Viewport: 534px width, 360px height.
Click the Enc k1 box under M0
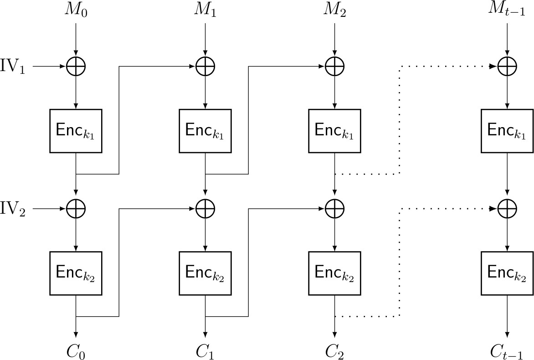(x=76, y=131)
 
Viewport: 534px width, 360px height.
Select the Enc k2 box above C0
(x=76, y=273)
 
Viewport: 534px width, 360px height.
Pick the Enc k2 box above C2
(x=335, y=273)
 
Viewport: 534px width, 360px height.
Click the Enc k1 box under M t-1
(x=507, y=131)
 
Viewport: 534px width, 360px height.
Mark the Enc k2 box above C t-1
(x=507, y=273)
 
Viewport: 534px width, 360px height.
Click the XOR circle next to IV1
(x=76, y=67)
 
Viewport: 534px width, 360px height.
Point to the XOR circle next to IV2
(x=76, y=209)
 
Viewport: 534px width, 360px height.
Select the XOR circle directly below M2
(x=335, y=67)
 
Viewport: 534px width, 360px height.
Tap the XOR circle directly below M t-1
(x=507, y=67)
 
